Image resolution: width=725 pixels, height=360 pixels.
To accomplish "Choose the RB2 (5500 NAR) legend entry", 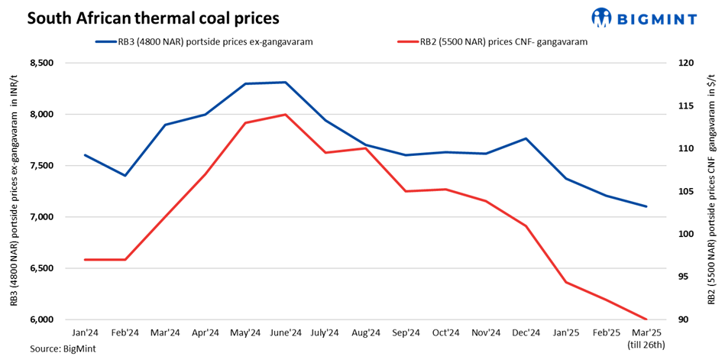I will click(x=490, y=43).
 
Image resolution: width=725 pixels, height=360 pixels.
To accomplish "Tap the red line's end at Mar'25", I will click(x=647, y=319).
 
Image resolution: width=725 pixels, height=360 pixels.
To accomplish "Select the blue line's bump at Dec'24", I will click(x=526, y=138).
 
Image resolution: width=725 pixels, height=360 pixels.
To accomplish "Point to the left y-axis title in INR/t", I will click(x=14, y=191).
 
